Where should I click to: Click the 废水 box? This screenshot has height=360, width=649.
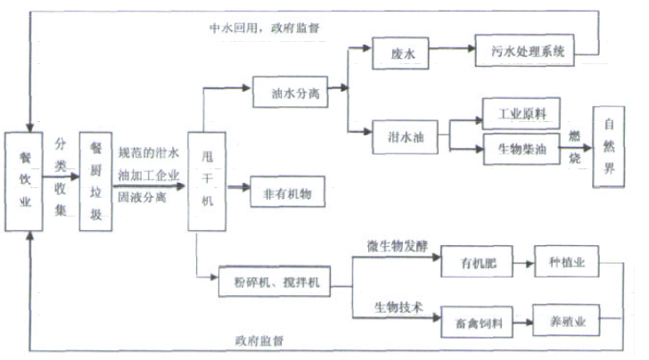coord(396,53)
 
